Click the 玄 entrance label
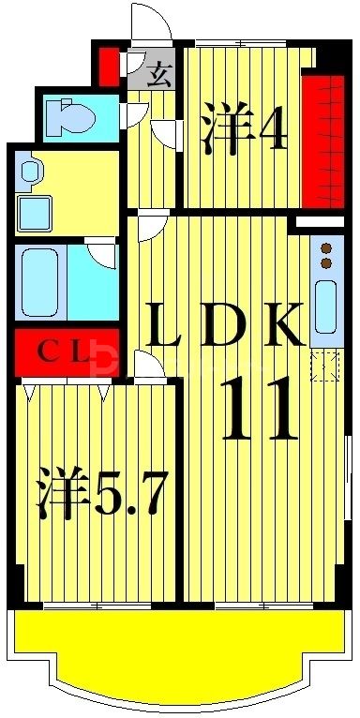[x=159, y=74]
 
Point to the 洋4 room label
[x=242, y=132]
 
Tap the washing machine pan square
[x=36, y=214]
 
